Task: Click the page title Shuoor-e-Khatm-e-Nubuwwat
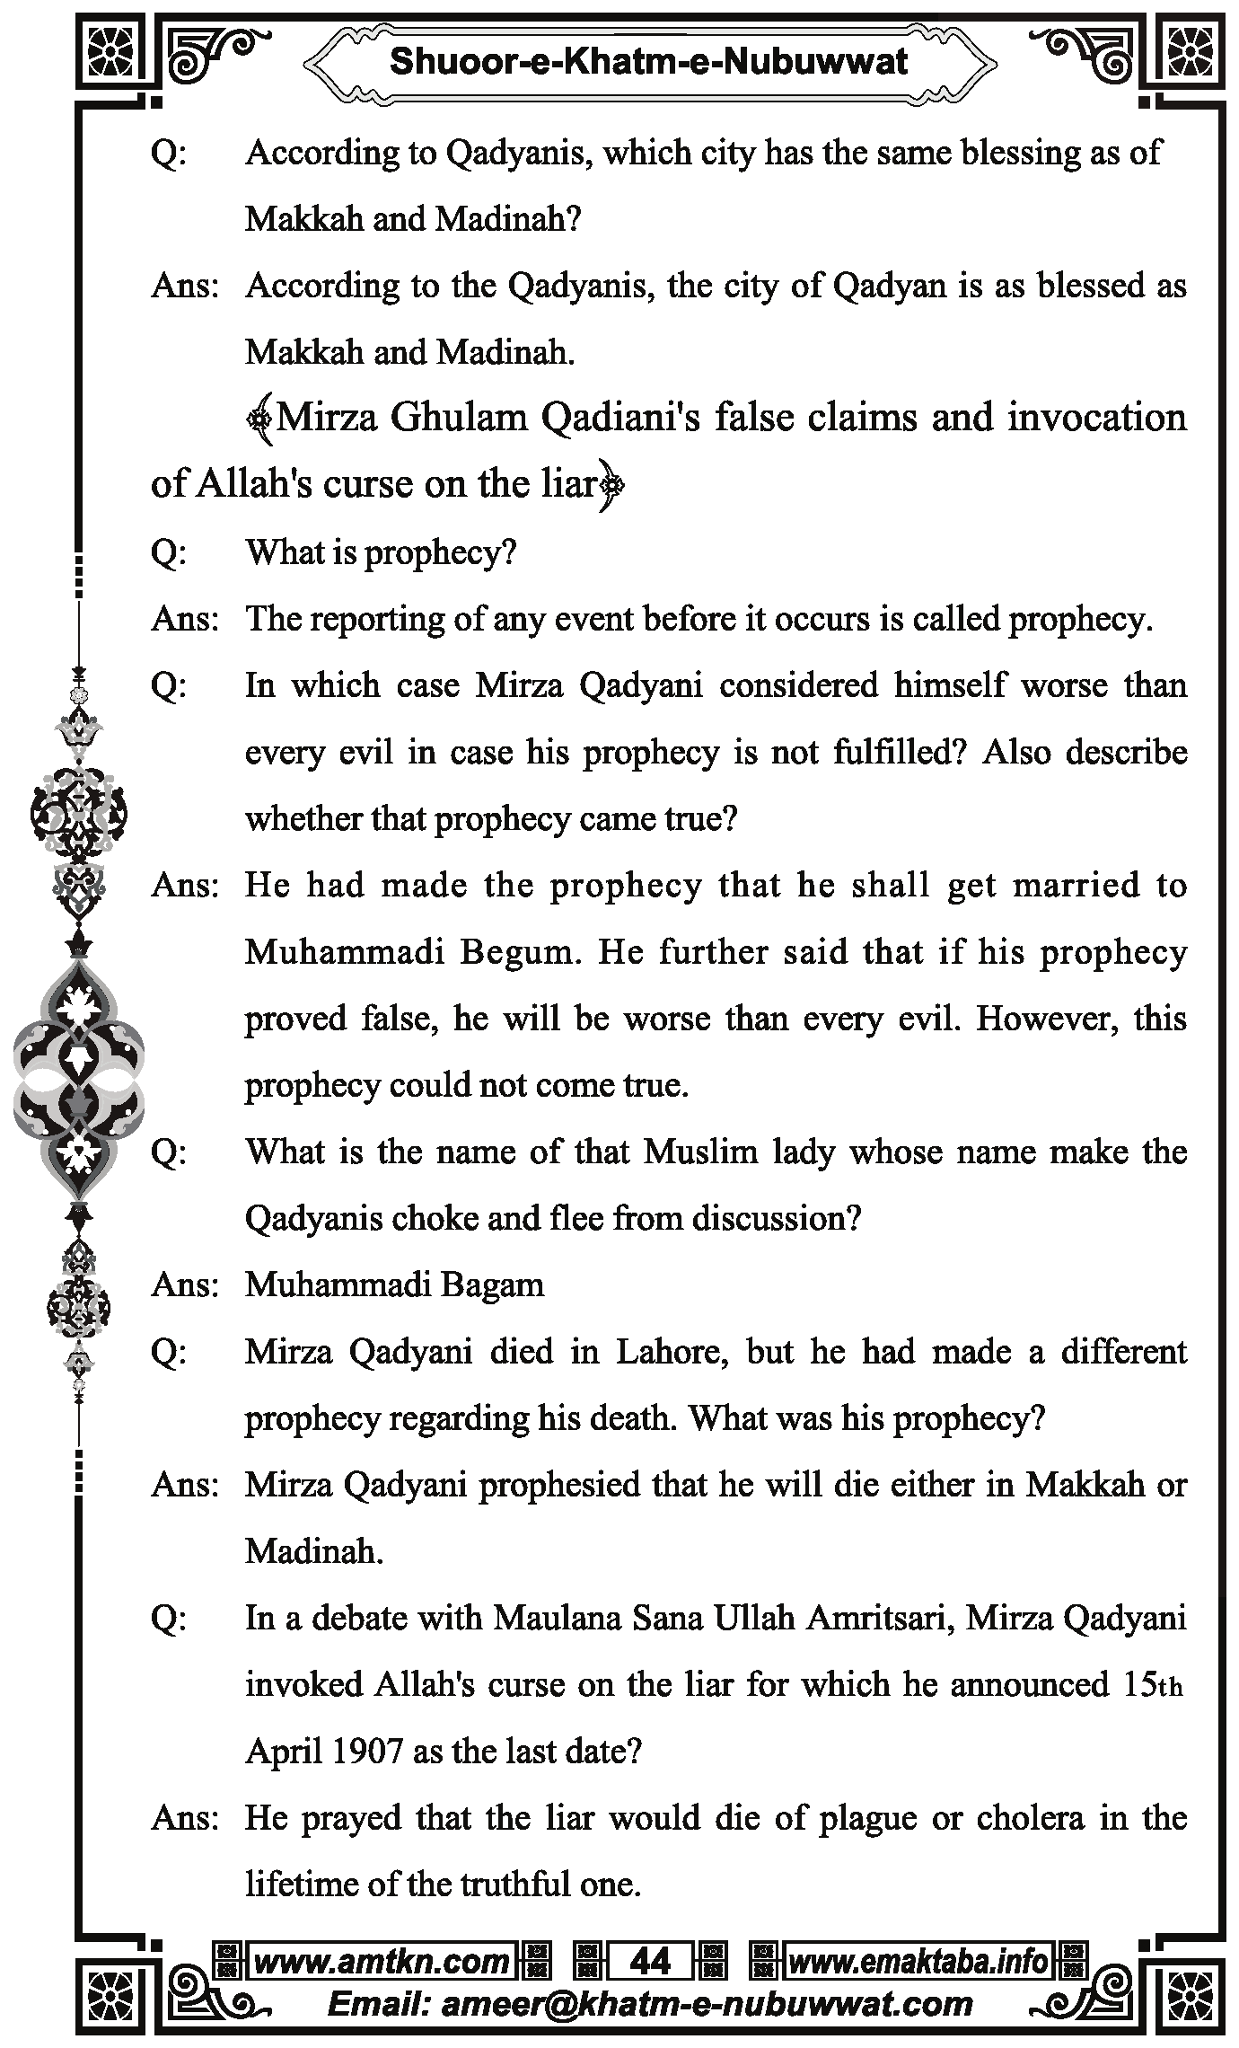648,61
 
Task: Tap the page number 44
650,1962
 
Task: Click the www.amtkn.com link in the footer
382,1962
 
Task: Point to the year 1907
366,1751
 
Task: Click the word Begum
516,952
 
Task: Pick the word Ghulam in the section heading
459,418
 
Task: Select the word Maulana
557,1618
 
